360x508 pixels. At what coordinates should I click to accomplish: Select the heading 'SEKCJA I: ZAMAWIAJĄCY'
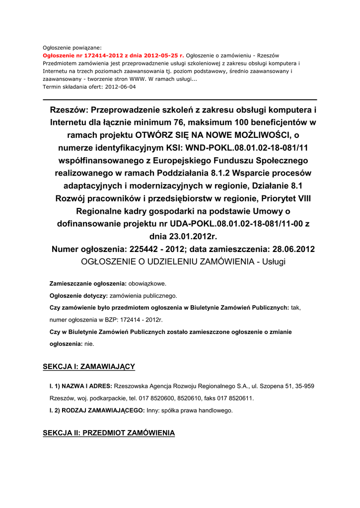tap(89, 367)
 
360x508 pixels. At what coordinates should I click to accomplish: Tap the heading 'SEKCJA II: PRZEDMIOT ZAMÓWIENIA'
tap(109, 433)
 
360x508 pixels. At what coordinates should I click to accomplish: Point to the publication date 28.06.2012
tap(287, 249)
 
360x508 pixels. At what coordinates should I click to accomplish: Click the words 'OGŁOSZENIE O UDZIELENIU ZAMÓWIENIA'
tap(168, 261)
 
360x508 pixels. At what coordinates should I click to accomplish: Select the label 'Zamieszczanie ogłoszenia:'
tap(88, 284)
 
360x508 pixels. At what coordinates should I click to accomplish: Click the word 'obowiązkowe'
tap(147, 284)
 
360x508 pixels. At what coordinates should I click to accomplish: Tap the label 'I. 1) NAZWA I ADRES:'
tap(80, 386)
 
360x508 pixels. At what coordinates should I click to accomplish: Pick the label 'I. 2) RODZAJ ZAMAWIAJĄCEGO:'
tap(97, 411)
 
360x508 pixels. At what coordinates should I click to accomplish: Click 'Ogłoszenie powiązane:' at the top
tap(72, 48)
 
